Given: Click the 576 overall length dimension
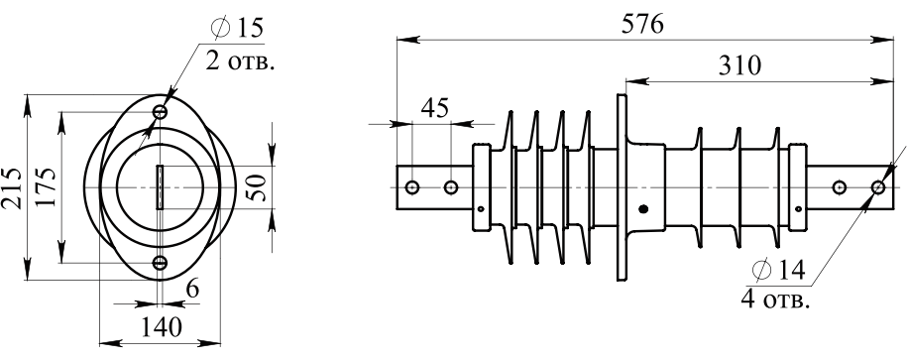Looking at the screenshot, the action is [x=642, y=25].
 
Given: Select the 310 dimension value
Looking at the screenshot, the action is [x=739, y=66].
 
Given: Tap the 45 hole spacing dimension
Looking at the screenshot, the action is [x=435, y=108].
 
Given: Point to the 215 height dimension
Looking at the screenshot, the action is [x=12, y=188].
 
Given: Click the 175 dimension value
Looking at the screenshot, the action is [x=46, y=187].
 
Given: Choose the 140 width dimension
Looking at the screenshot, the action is [x=161, y=327].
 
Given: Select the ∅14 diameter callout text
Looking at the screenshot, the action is [x=779, y=270].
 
